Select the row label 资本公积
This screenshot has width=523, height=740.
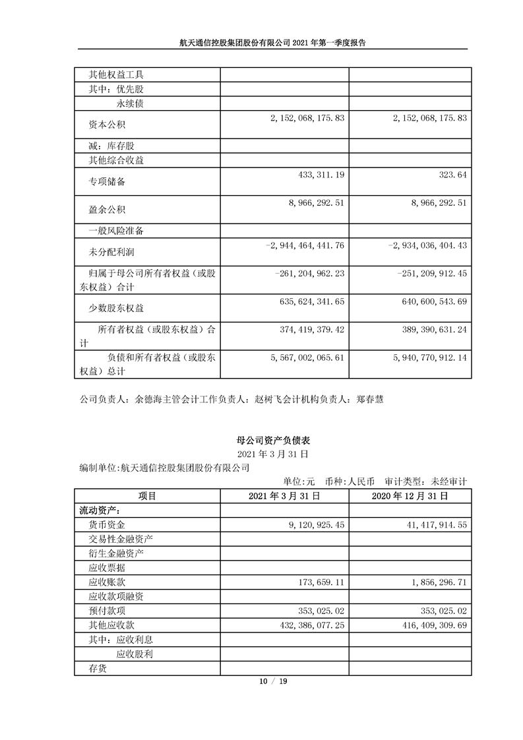click(107, 124)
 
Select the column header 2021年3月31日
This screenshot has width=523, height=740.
click(284, 495)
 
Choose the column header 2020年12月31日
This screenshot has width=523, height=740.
click(410, 495)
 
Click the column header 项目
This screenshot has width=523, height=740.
click(147, 495)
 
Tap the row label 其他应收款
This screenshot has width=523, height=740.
click(110, 625)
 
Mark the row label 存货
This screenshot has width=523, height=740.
click(98, 668)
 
